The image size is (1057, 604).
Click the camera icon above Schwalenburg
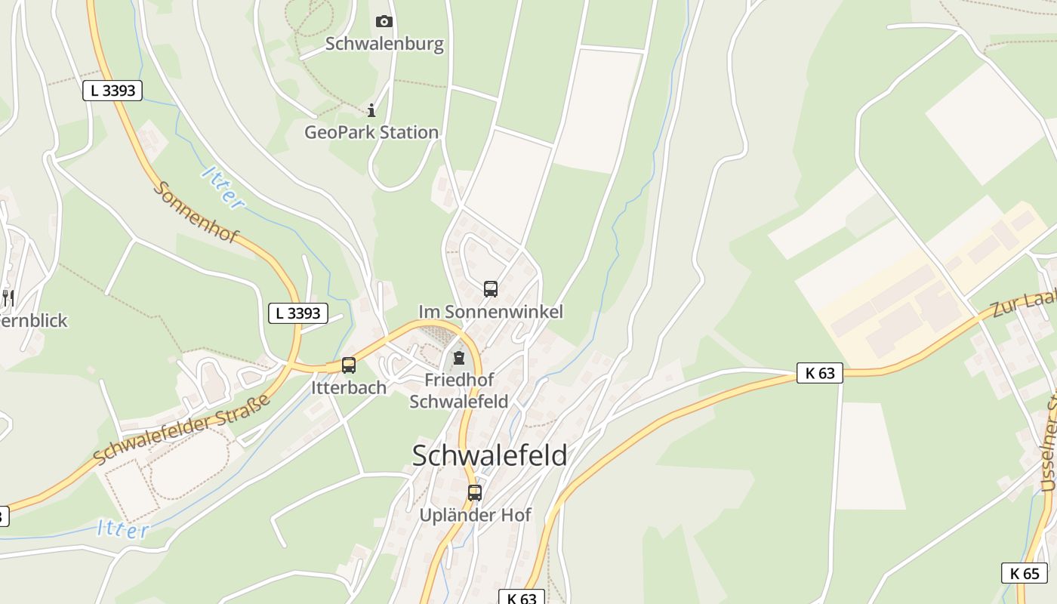click(384, 22)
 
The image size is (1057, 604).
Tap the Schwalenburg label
click(384, 44)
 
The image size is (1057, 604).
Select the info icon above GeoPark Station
click(371, 112)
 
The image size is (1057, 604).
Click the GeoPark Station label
click(371, 132)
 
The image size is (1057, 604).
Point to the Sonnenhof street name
click(196, 212)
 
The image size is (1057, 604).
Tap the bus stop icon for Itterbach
click(349, 365)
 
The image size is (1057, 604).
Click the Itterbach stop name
click(349, 387)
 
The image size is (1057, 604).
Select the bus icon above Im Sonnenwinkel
click(491, 288)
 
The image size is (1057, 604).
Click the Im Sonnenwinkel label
click(491, 311)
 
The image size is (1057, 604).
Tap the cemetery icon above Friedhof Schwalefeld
click(458, 358)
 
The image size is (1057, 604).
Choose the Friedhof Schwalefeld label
click(458, 390)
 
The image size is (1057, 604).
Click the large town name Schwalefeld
click(490, 455)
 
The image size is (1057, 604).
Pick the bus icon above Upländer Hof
click(475, 493)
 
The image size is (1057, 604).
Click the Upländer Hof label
click(476, 515)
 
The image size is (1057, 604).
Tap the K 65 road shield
click(1025, 573)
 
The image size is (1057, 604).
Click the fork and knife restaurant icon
click(8, 298)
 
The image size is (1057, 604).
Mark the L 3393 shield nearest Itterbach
click(298, 313)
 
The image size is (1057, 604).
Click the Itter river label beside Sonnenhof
click(223, 187)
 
